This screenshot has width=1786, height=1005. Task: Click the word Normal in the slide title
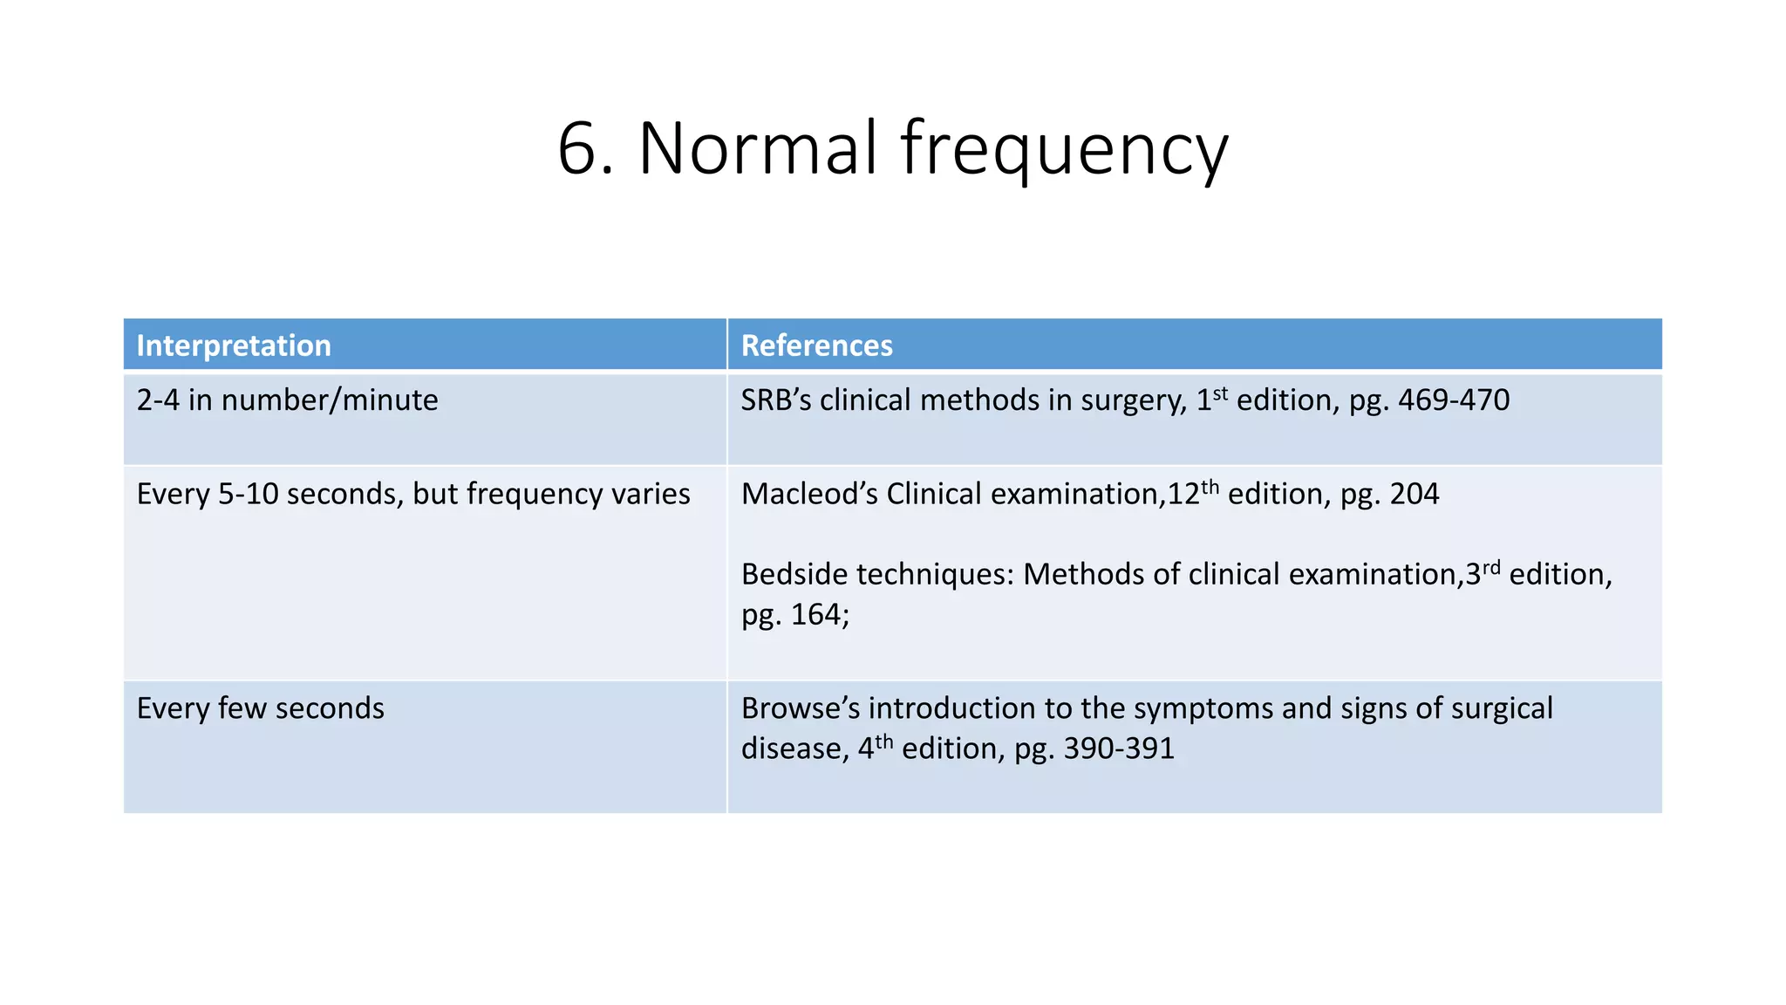pos(757,148)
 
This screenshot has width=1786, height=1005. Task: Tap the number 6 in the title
pos(577,148)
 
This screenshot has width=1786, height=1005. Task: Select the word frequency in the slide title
pos(1064,150)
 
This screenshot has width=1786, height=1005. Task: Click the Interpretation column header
pos(234,345)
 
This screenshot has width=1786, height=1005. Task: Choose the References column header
pos(816,345)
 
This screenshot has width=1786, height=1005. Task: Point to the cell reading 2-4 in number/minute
pos(287,400)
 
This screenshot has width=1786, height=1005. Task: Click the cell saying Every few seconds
pos(260,708)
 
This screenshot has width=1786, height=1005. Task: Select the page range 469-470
pos(1453,400)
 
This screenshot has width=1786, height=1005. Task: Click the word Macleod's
pos(808,494)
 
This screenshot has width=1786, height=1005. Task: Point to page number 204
pos(1414,494)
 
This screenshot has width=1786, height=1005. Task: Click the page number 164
pos(820,614)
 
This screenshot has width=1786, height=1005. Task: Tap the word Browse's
pos(800,708)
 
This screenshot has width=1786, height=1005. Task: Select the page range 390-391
pos(1119,749)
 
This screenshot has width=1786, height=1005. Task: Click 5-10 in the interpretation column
pos(253,494)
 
